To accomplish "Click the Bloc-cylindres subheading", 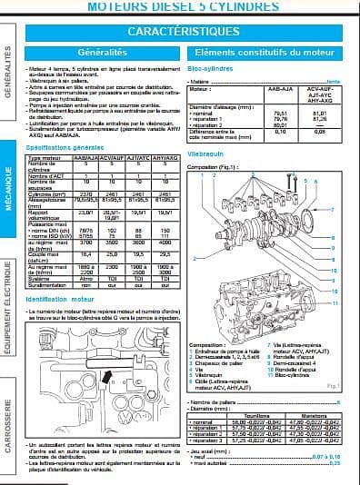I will pos(207,68).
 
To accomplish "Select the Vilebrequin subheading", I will pos(205,155).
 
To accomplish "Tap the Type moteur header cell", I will pos(44,157).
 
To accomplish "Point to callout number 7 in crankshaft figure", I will pos(333,210).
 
